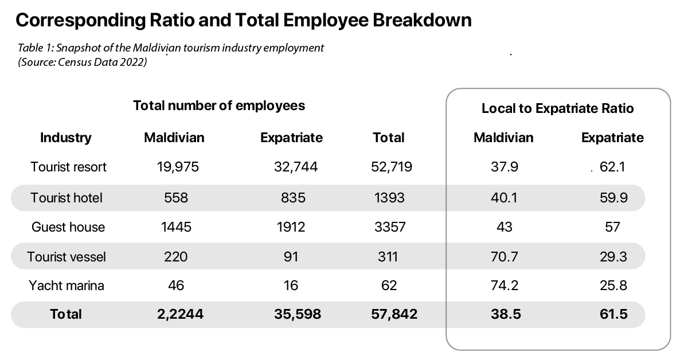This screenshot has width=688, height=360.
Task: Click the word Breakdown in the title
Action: pos(422,20)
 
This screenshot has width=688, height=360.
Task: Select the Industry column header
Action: pos(66,138)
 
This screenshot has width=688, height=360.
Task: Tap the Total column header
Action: pos(389,138)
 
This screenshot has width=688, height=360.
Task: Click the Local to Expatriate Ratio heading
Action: pos(557,108)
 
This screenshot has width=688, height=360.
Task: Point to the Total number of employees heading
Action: pos(219,106)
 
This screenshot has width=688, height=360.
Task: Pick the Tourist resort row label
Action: pos(68,167)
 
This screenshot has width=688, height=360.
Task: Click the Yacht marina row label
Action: pos(67,285)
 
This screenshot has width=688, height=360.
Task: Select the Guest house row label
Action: pos(68,228)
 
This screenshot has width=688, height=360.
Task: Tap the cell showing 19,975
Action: pos(178,167)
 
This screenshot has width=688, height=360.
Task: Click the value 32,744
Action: pos(296,167)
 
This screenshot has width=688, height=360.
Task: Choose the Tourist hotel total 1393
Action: pos(389,198)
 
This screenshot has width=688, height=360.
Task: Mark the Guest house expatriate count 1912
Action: pos(291,228)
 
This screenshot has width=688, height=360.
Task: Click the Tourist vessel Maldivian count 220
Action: pos(175,256)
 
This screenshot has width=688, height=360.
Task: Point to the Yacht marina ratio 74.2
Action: pos(505,285)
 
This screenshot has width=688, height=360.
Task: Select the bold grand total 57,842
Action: pos(394,314)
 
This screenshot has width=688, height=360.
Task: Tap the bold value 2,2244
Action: pos(180,314)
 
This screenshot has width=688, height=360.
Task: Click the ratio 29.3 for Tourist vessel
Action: pos(613,256)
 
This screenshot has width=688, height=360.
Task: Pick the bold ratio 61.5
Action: pos(613,314)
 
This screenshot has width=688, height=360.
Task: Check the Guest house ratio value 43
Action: pos(505,228)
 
